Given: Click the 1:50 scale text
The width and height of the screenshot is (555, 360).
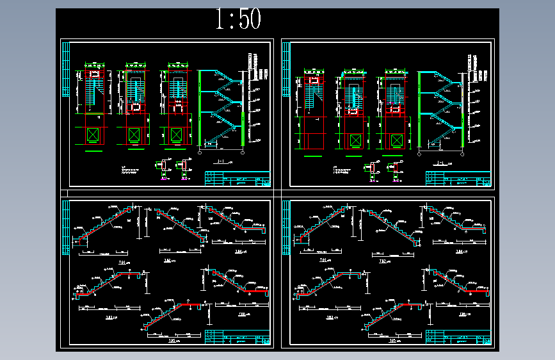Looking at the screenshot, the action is click(x=238, y=20).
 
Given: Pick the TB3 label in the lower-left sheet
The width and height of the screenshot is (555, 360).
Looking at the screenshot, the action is click(x=109, y=316).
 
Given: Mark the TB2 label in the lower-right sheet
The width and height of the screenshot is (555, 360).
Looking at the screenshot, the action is click(x=385, y=261).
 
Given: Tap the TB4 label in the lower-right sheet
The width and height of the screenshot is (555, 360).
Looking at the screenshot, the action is click(x=460, y=252).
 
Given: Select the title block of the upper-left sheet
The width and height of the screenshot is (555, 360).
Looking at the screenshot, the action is click(x=237, y=179).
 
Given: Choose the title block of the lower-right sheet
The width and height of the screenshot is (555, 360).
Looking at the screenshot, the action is click(x=458, y=338).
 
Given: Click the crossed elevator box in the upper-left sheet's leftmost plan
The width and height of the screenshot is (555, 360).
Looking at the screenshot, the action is click(x=93, y=135).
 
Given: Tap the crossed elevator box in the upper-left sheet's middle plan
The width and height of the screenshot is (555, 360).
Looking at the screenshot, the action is click(x=133, y=135).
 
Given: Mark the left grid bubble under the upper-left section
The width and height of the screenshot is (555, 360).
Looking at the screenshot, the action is click(x=202, y=153).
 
